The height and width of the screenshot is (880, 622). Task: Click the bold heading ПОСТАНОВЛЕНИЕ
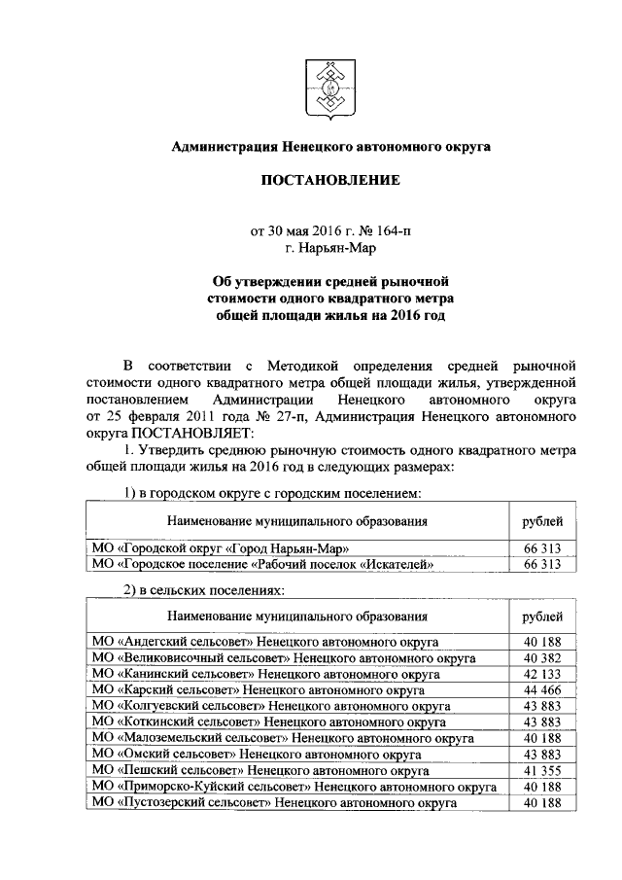tap(329, 181)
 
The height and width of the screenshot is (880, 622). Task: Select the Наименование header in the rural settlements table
tap(296, 616)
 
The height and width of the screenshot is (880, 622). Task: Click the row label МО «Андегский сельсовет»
tap(262, 643)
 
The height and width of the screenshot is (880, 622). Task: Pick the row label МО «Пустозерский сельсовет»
tap(272, 803)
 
